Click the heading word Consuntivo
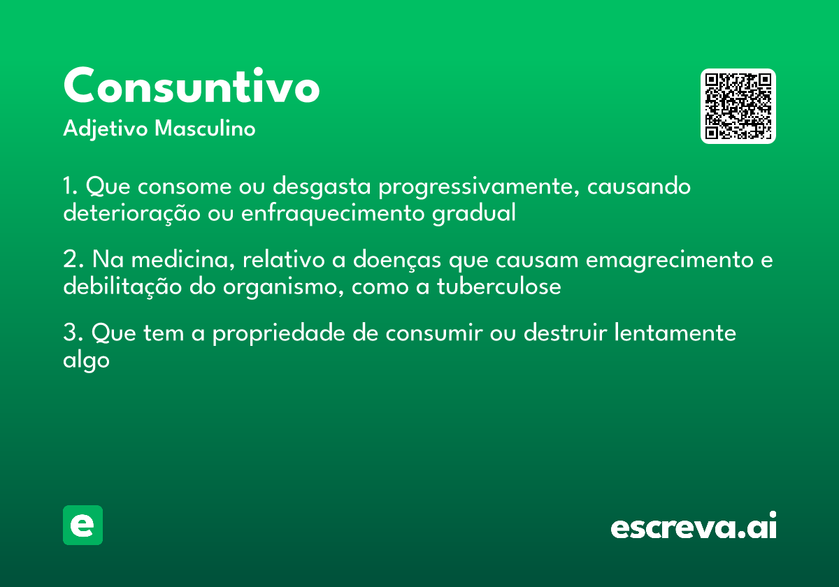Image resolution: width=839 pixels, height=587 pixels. click(192, 86)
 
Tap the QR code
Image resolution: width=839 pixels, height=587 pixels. click(738, 106)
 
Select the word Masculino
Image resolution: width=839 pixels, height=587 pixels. click(205, 129)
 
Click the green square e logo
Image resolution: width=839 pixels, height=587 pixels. click(83, 525)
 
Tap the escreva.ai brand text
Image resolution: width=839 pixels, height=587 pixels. click(694, 526)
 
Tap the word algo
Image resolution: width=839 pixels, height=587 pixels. click(86, 361)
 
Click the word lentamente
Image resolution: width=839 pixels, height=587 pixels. click(675, 333)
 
